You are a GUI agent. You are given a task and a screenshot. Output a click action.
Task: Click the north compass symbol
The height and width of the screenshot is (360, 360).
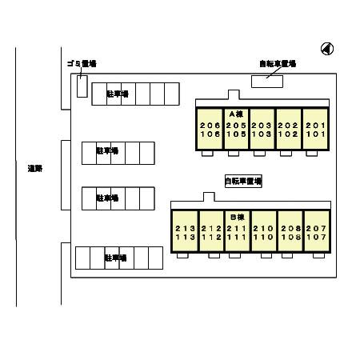pyautogui.click(x=327, y=49)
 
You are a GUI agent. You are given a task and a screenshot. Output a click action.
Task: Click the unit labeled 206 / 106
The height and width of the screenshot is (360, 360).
pyautogui.click(x=209, y=130)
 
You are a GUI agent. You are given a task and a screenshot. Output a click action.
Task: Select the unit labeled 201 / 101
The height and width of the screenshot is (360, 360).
pyautogui.click(x=314, y=130)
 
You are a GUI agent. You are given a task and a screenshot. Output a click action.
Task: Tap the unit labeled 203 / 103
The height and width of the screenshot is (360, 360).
pyautogui.click(x=262, y=130)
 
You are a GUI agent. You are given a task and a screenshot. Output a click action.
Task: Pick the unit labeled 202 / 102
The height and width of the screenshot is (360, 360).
pyautogui.click(x=288, y=130)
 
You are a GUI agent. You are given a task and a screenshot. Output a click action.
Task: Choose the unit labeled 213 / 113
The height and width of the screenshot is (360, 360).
pyautogui.click(x=183, y=232)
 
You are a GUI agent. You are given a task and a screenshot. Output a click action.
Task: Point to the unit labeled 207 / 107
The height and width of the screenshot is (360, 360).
pyautogui.click(x=316, y=232)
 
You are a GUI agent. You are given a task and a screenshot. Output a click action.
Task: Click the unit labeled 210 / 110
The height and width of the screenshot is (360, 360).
pyautogui.click(x=263, y=232)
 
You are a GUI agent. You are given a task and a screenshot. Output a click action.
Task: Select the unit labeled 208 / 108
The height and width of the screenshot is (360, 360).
pyautogui.click(x=290, y=232)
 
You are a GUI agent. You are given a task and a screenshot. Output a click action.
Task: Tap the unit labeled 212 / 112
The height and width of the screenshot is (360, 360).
pyautogui.click(x=210, y=232)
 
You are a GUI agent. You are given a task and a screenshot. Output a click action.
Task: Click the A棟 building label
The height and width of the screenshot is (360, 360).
pyautogui.click(x=235, y=114)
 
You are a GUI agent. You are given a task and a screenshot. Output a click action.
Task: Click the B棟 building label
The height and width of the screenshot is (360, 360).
pyautogui.click(x=236, y=217)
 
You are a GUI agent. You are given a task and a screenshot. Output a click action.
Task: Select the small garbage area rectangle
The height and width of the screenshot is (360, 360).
pyautogui.click(x=82, y=86)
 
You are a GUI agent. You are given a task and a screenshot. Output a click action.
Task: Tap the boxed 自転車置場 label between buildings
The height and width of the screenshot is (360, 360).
pyautogui.click(x=242, y=182)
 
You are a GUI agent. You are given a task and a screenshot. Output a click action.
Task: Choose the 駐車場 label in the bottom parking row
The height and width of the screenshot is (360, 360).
pyautogui.click(x=115, y=258)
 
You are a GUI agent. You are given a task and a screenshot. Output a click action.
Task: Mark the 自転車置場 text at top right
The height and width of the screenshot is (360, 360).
pyautogui.click(x=277, y=63)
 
